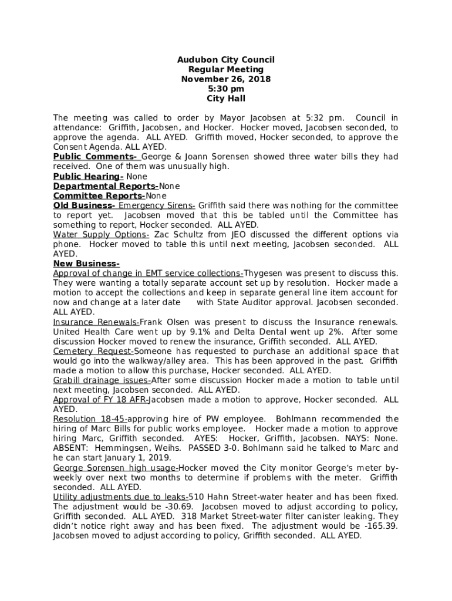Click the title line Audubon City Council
tap(226, 60)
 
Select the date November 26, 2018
tap(226, 80)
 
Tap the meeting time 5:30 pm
tap(226, 89)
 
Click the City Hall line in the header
tap(226, 99)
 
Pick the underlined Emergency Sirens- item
tap(157, 206)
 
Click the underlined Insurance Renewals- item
tap(96, 322)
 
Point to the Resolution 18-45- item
tap(90, 419)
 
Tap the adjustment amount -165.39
tap(380, 526)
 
